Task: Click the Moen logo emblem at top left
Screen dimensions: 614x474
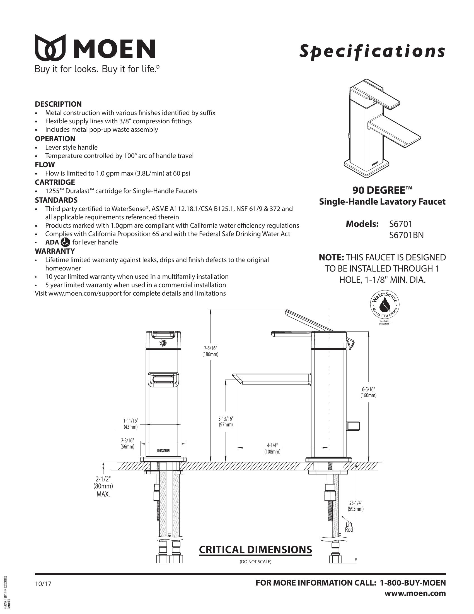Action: (x=50, y=48)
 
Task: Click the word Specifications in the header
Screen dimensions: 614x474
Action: (x=372, y=51)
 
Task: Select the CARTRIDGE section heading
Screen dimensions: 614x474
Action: (x=55, y=182)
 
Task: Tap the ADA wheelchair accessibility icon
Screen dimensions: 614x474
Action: (x=66, y=242)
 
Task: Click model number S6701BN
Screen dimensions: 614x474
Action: (x=406, y=235)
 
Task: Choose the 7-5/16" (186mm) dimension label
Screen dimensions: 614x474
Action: (x=210, y=351)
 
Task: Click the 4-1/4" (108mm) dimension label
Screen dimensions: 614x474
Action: (x=272, y=449)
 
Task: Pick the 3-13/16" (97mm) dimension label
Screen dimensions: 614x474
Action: (x=226, y=422)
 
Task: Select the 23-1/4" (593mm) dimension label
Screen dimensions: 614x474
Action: (x=355, y=506)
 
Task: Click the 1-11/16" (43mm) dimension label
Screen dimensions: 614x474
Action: (x=130, y=424)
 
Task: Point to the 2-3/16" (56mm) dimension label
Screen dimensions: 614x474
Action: (x=127, y=443)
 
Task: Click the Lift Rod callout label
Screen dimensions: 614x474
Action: (x=349, y=527)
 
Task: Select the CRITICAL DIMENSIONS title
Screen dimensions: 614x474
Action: (x=255, y=549)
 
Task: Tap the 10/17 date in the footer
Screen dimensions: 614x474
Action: (x=43, y=584)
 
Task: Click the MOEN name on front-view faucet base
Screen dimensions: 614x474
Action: (x=163, y=451)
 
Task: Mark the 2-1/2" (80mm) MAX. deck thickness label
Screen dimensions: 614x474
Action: (x=103, y=486)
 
